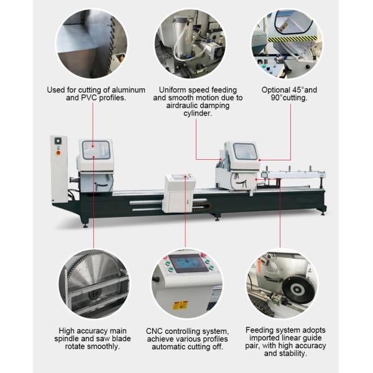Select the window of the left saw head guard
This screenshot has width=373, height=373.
pyautogui.click(x=96, y=150)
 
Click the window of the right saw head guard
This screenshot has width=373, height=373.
pyautogui.click(x=244, y=150)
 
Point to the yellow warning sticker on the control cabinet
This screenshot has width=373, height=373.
pyautogui.click(x=180, y=305)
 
